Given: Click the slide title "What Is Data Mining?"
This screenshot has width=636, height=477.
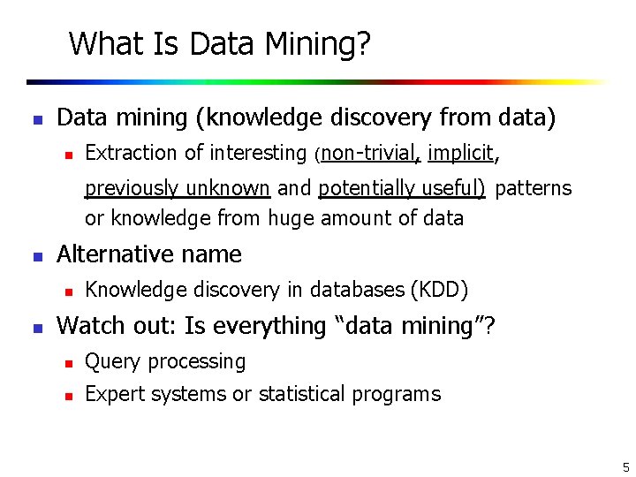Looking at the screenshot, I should tap(219, 43).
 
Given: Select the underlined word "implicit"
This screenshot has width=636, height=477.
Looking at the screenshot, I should tap(460, 153).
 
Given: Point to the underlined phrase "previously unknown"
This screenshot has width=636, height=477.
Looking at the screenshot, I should tap(177, 188).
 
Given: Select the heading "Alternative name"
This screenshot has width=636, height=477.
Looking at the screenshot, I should tap(148, 254).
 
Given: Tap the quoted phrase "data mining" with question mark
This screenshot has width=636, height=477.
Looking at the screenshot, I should tap(415, 326).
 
